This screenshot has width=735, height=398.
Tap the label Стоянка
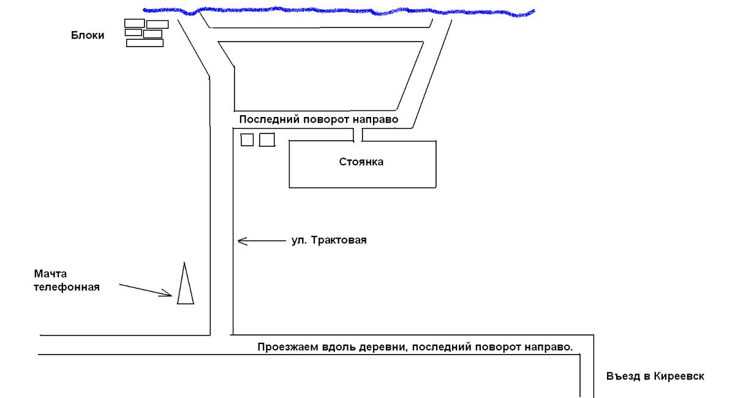coord(361,162)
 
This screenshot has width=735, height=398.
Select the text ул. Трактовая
coord(328,240)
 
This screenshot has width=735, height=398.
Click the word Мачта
coord(51,273)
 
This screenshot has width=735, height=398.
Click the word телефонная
coord(66,286)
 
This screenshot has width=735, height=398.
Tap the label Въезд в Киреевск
coord(655,376)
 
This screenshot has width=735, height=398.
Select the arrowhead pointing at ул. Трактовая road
coord(241,241)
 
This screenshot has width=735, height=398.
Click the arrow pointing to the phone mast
coord(146,290)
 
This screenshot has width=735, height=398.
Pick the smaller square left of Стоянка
coord(247,140)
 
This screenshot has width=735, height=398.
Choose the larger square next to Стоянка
coord(267,140)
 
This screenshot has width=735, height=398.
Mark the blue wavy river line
coord(337,11)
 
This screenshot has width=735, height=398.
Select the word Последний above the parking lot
coord(265,119)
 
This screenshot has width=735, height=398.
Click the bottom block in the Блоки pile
coord(145,43)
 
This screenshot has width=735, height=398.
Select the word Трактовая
coord(338,240)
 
